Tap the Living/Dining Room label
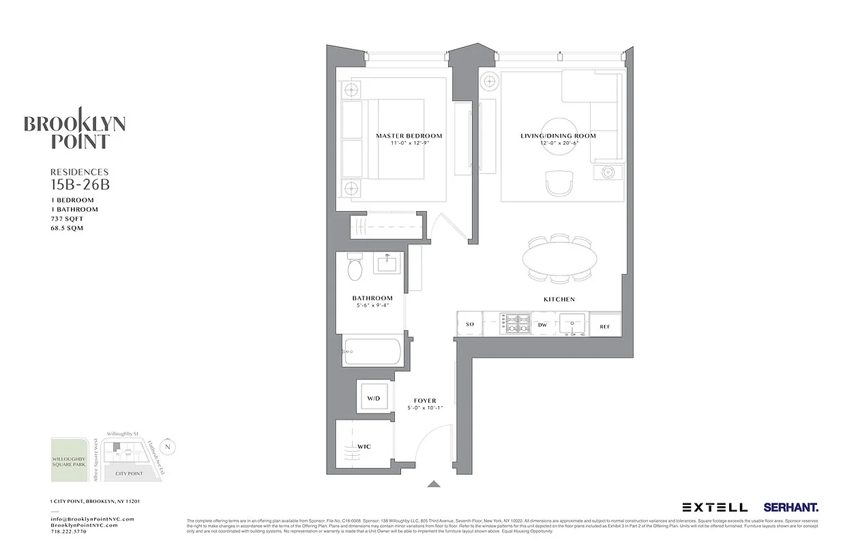click(558, 136)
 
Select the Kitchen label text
click(559, 299)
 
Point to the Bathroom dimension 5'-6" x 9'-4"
click(372, 306)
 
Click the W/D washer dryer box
click(373, 398)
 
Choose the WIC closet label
click(364, 447)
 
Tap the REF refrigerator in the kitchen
click(605, 326)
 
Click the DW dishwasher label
click(543, 326)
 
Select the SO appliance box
click(469, 325)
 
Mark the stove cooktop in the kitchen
click(516, 323)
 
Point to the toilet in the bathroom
click(355, 269)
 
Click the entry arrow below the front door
click(433, 484)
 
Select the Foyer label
click(425, 401)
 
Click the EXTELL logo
click(715, 507)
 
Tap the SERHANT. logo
click(790, 507)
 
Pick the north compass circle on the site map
click(169, 446)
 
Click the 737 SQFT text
click(67, 219)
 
